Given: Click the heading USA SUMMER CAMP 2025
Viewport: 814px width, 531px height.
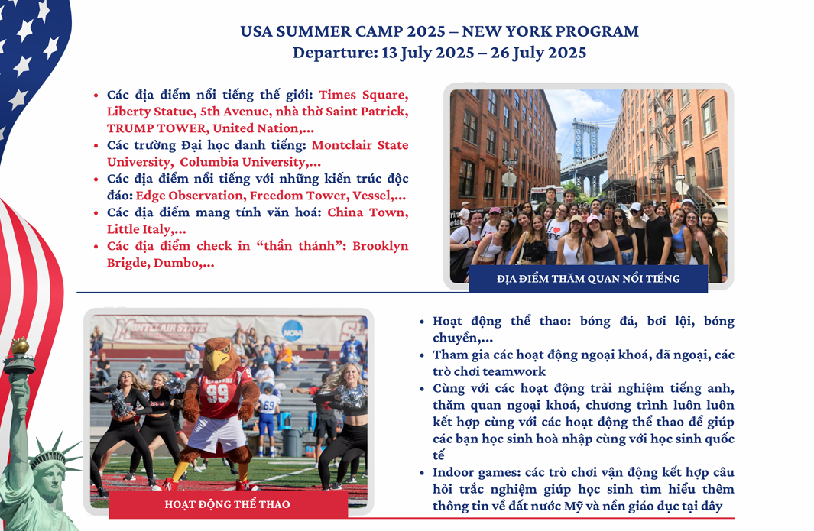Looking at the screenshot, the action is click(x=342, y=31).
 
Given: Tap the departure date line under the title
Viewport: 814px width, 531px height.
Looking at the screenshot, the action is click(x=439, y=53).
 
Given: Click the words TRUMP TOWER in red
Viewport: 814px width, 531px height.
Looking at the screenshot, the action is click(x=156, y=128).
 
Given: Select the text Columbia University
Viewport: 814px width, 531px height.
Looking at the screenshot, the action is click(x=243, y=162).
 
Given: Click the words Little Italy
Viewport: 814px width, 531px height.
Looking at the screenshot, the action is click(x=138, y=229).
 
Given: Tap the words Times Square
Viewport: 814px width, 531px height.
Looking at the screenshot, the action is click(x=362, y=95).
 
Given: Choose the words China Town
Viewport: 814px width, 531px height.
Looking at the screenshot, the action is click(x=367, y=212).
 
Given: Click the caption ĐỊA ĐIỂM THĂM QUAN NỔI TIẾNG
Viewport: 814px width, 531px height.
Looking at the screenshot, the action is click(x=589, y=279).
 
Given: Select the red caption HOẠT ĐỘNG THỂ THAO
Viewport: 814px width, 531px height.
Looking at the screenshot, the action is click(x=227, y=504).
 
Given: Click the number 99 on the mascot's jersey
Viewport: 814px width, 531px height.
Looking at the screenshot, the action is click(x=218, y=393).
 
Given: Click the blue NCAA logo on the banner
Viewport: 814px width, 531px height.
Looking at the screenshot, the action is click(x=292, y=331).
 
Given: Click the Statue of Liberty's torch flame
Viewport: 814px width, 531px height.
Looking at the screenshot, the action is click(x=20, y=345).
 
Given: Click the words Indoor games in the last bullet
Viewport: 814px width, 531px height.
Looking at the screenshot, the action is click(x=476, y=472).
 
